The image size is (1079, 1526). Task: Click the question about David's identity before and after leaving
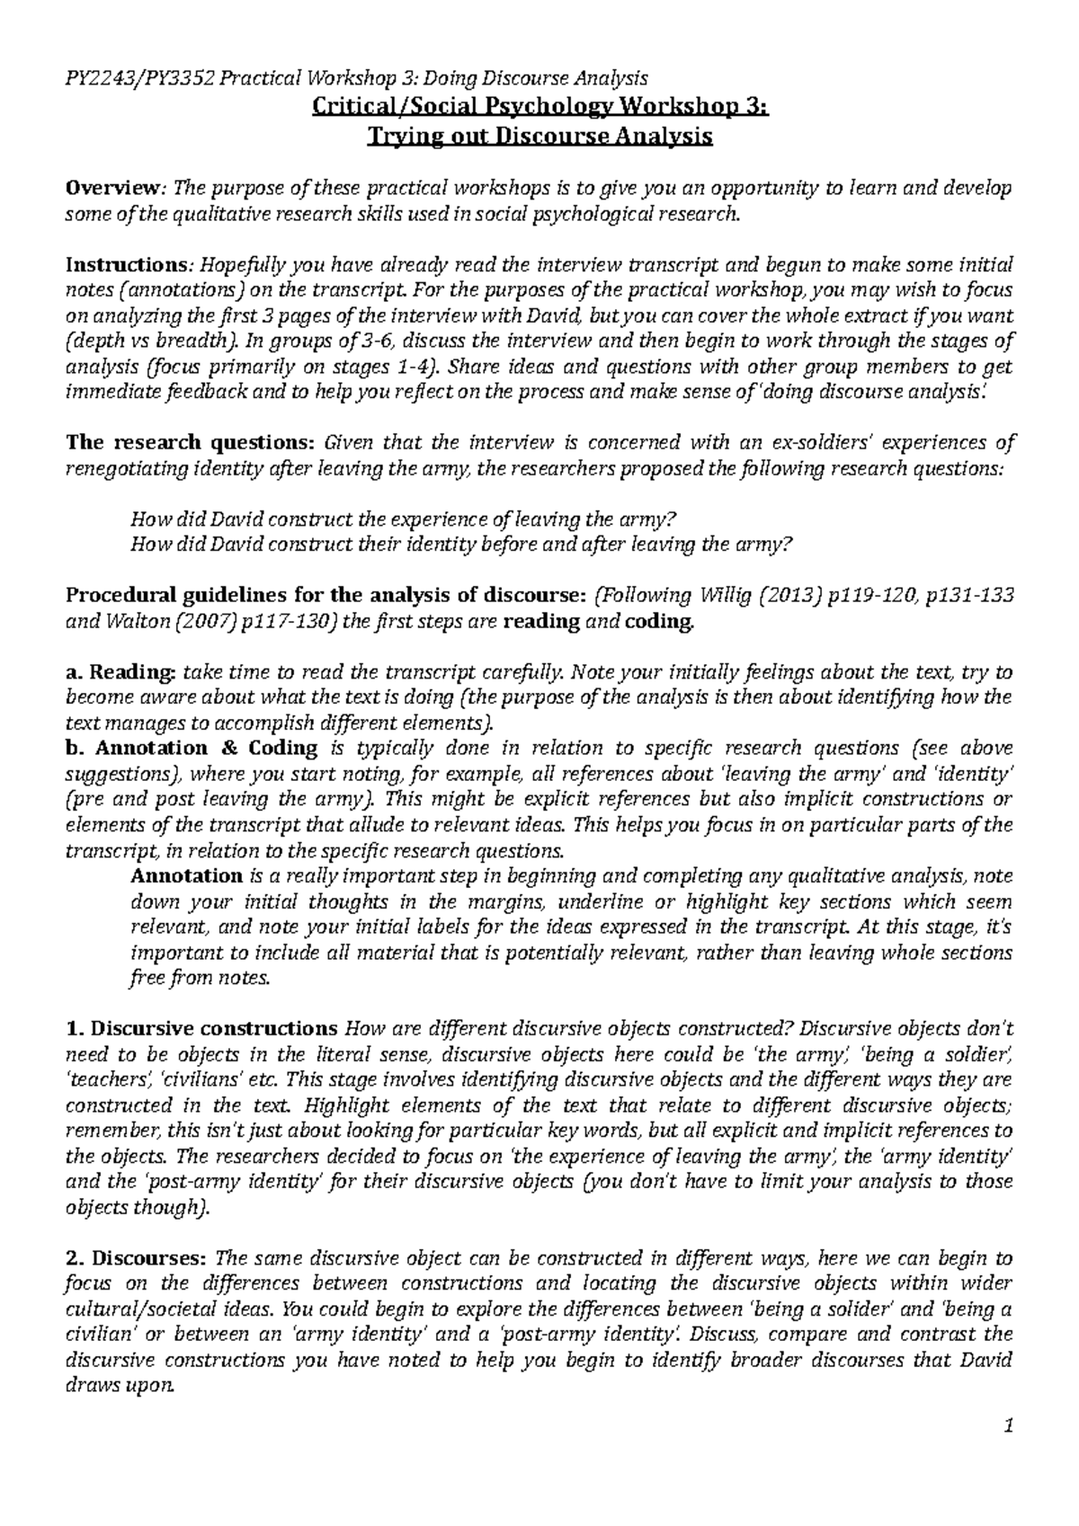tap(461, 544)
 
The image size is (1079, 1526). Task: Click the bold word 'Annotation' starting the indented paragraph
tap(186, 875)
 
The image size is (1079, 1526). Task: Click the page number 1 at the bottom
tap(1009, 1426)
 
